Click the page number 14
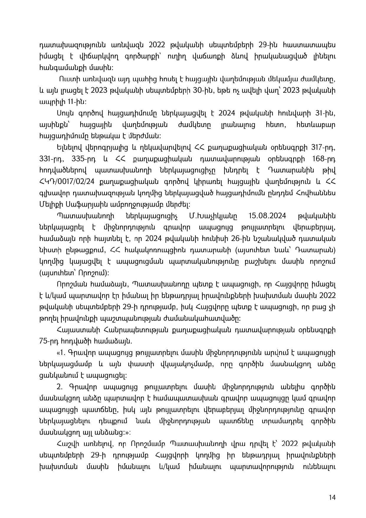[333, 497]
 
